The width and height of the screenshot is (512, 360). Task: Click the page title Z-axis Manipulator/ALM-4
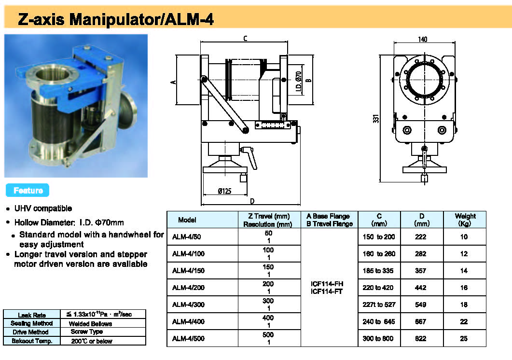[116, 19]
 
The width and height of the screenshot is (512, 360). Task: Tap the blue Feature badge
[28, 191]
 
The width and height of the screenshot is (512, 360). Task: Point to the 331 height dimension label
[375, 118]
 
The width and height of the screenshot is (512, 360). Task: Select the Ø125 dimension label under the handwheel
[224, 191]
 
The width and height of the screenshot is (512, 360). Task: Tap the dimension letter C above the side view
[245, 38]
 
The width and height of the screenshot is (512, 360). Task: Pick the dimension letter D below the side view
[251, 201]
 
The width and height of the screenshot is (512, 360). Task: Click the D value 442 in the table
[420, 288]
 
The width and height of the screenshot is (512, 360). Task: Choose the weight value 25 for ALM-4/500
[464, 339]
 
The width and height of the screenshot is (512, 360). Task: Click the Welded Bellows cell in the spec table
[90, 323]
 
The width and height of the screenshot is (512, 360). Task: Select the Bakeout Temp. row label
[31, 341]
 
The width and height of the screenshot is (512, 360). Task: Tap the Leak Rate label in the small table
[31, 315]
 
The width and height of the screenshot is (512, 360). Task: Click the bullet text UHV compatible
[43, 208]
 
